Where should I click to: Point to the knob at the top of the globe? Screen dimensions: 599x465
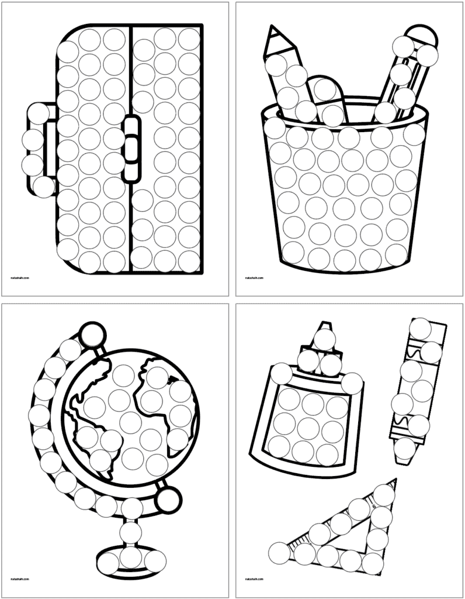pyautogui.click(x=92, y=336)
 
